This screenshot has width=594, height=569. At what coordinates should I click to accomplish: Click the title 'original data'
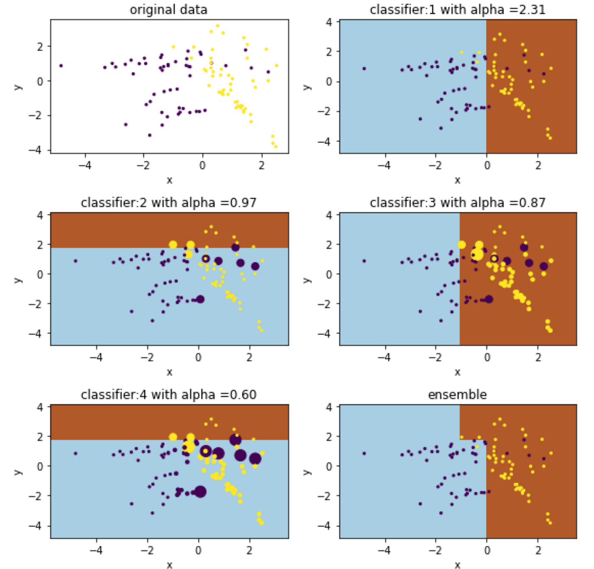[168, 9]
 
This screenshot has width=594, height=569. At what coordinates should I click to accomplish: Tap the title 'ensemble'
[457, 395]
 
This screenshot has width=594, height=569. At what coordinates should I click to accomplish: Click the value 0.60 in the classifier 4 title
[244, 395]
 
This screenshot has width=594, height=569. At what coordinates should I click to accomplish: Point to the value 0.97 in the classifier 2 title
[244, 202]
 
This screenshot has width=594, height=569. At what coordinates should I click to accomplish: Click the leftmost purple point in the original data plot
[61, 66]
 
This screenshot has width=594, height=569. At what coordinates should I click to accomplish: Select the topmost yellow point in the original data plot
[218, 26]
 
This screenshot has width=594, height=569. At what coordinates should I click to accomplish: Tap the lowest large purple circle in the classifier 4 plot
[200, 492]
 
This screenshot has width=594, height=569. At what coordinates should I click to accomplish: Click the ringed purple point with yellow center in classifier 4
[206, 451]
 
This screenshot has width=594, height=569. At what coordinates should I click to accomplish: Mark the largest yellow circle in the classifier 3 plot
[477, 254]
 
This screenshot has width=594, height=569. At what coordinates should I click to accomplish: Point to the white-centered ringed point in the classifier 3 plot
[494, 258]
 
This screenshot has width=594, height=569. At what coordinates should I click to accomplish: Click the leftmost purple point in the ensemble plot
[364, 453]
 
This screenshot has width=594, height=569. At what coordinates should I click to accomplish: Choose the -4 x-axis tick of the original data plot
[85, 165]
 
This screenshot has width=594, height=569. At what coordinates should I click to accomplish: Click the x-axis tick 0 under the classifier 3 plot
[487, 357]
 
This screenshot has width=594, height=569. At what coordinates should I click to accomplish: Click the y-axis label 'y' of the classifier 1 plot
[308, 87]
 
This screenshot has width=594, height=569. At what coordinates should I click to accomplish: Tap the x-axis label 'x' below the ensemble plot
[457, 564]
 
